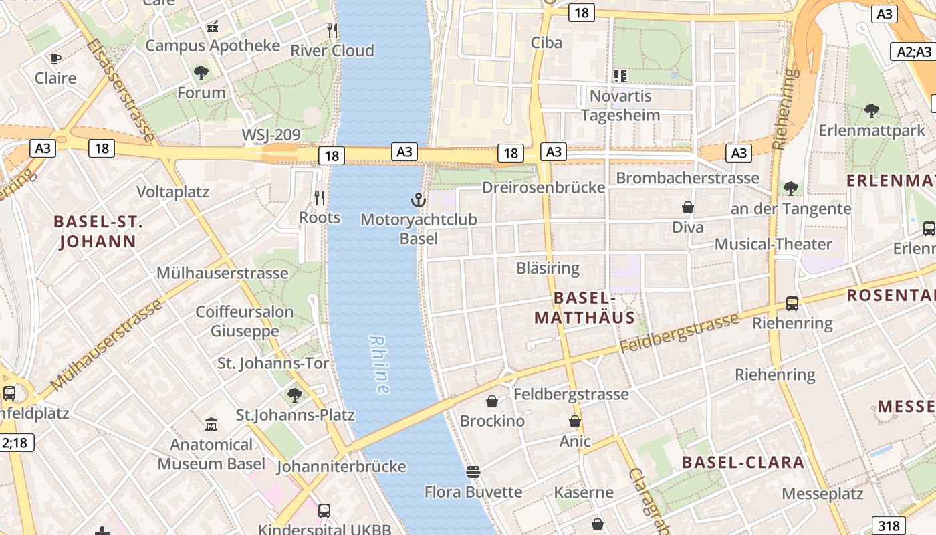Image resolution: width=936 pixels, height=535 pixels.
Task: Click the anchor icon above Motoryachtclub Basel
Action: point(418,199)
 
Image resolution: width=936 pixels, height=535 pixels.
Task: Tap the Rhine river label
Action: point(379,364)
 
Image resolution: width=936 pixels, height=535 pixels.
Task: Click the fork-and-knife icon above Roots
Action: point(320,197)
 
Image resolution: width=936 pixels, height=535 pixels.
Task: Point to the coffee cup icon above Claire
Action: point(55,58)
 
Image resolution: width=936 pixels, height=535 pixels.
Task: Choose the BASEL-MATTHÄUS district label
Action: point(584,308)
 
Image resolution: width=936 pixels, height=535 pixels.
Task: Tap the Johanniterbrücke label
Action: point(341,466)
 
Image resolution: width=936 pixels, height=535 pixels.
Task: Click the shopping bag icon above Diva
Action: point(687,208)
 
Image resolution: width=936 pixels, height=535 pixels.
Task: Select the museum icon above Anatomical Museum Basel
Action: point(211,424)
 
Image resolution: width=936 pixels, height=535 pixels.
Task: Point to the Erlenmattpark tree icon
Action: point(871,110)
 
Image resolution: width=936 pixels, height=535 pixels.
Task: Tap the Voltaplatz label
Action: point(172,192)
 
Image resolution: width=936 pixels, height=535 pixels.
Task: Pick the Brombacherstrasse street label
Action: point(687,178)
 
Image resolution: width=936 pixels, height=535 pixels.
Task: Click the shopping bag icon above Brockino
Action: point(492,401)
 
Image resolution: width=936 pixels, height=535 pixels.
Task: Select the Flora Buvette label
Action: point(473,492)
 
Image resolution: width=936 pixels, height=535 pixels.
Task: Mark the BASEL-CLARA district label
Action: point(743,463)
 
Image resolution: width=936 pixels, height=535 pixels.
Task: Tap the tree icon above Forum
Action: point(201,73)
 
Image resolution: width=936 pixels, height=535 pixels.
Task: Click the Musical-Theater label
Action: point(773,244)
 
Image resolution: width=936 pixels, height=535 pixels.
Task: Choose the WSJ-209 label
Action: point(271,135)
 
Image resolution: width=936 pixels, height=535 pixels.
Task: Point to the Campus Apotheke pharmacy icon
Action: point(213,27)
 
